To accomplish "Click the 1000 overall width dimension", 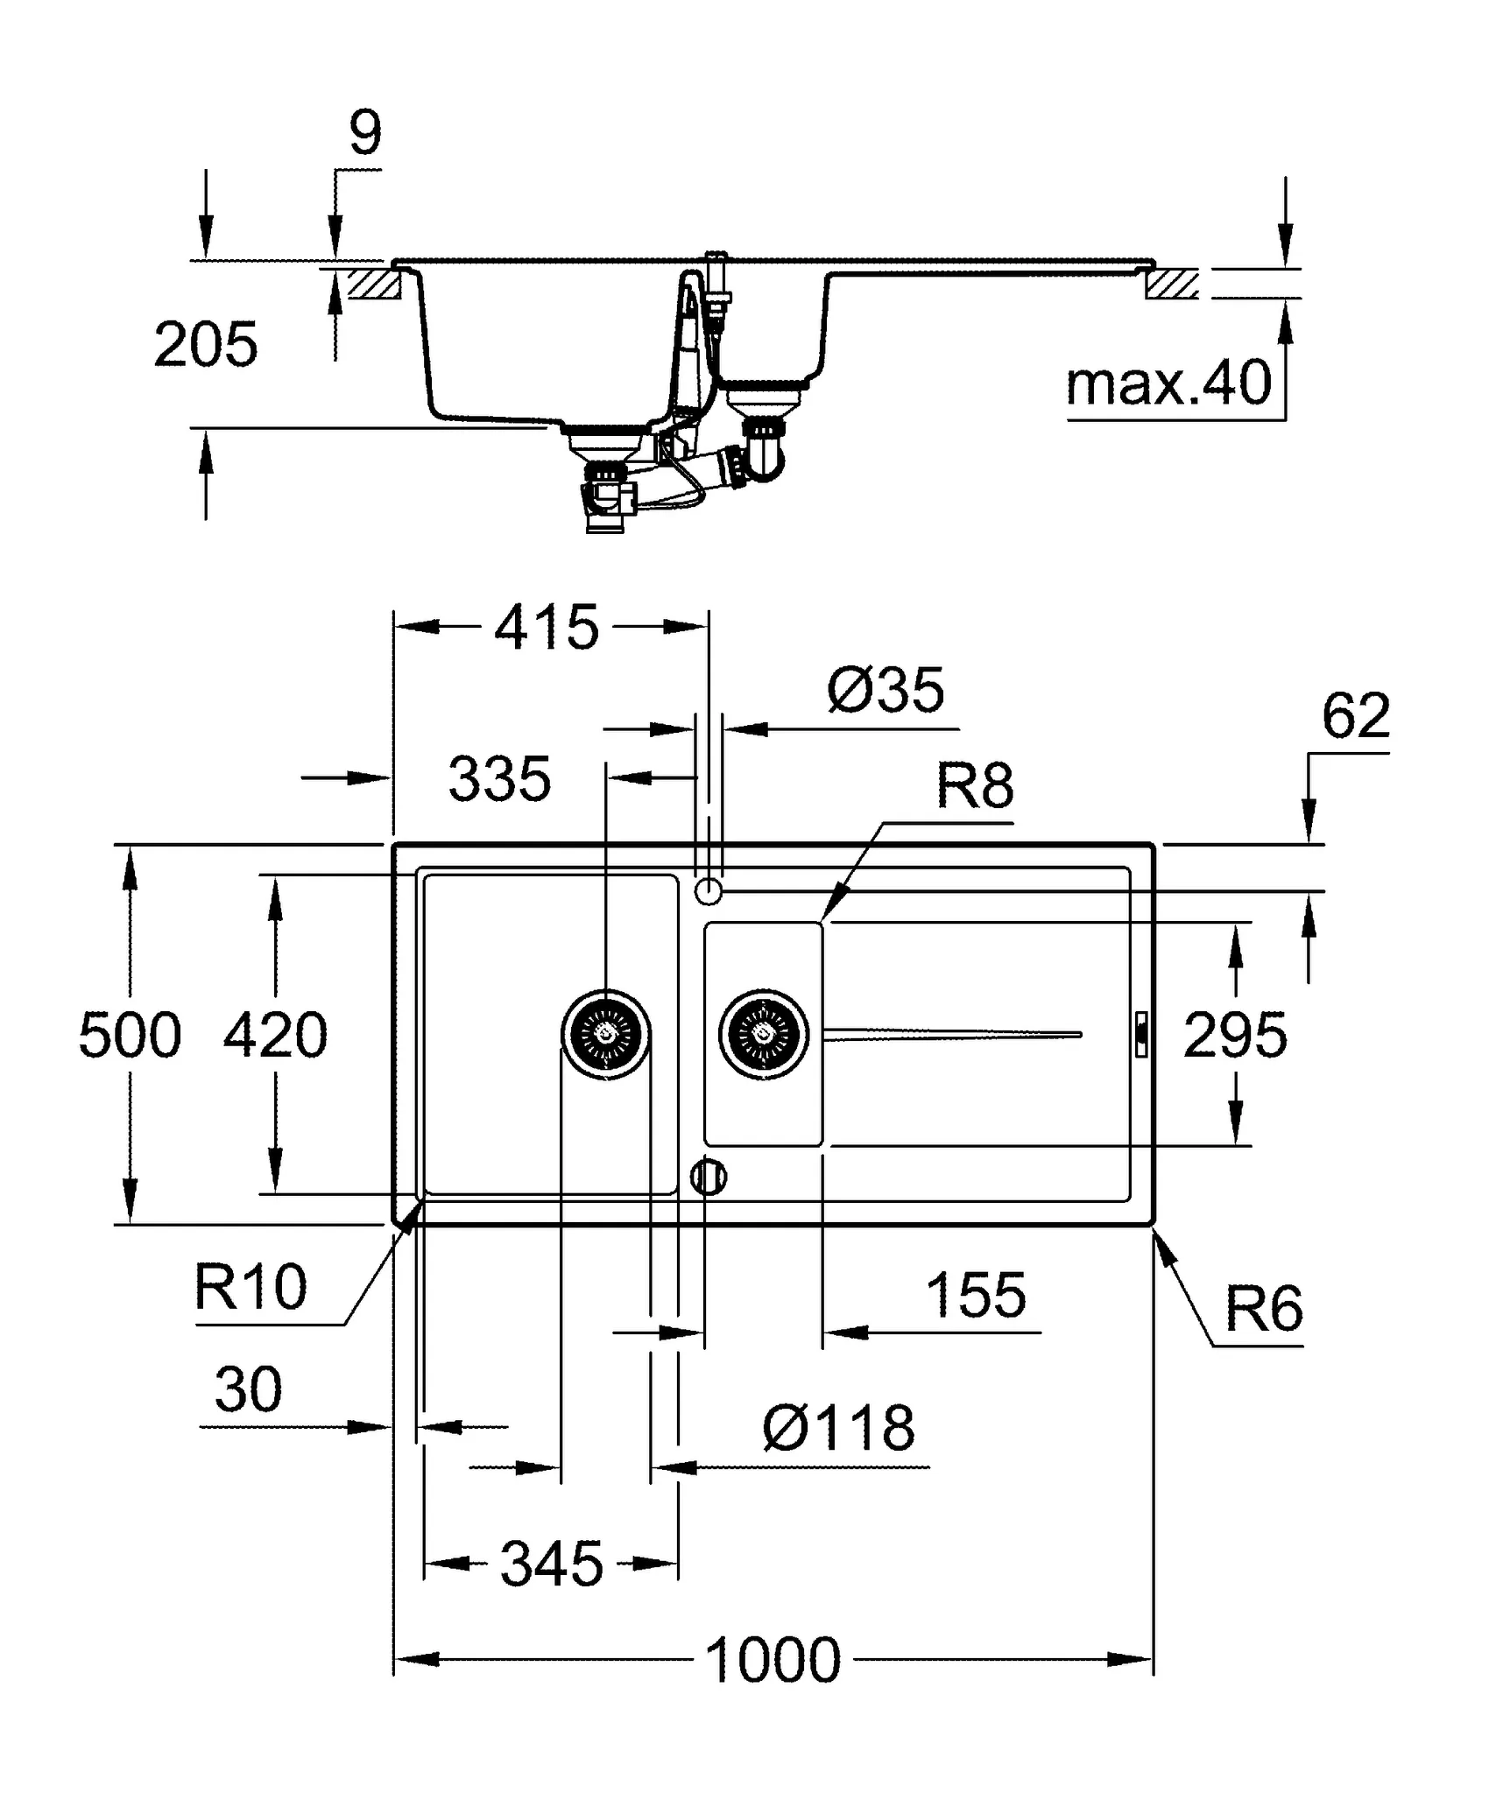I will pyautogui.click(x=773, y=1660).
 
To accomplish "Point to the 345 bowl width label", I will pyautogui.click(x=552, y=1564).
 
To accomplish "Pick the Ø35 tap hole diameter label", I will pyautogui.click(x=886, y=689).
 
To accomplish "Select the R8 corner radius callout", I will pyautogui.click(x=975, y=785).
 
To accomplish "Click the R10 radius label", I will pyautogui.click(x=251, y=1287).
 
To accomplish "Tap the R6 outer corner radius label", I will pyautogui.click(x=1263, y=1310).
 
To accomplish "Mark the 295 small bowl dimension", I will pyautogui.click(x=1235, y=1035).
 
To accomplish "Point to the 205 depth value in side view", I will pyautogui.click(x=205, y=344).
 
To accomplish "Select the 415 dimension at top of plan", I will pyautogui.click(x=547, y=627).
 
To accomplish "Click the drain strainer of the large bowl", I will pyautogui.click(x=605, y=1034).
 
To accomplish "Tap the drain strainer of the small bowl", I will pyautogui.click(x=763, y=1034).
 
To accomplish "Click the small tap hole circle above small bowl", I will pyautogui.click(x=709, y=892).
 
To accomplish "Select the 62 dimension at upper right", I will pyautogui.click(x=1355, y=716).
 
